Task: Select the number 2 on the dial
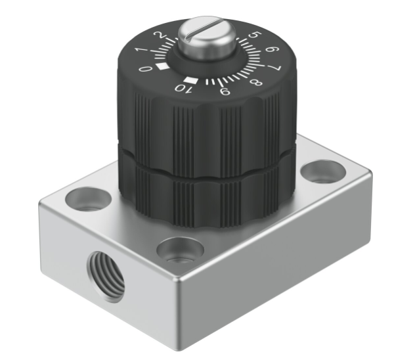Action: (158, 35)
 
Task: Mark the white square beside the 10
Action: (190, 80)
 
